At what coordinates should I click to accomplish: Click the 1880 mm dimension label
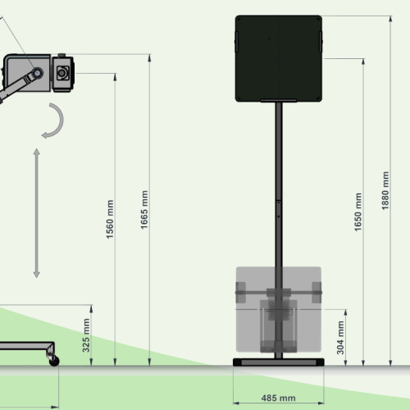pos(385,190)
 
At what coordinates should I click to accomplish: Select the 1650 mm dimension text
pos(358,212)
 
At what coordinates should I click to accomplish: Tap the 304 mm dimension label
pos(340,338)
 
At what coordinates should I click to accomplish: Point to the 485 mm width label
pos(278,398)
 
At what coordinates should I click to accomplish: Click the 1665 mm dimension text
pos(144,210)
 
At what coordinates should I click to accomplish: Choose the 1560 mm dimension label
pos(110,219)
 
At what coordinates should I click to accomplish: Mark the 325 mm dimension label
pos(86,335)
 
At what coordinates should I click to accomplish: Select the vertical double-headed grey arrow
pos(37,213)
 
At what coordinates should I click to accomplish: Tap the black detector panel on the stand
pos(279,58)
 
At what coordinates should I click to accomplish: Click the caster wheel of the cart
pos(54,361)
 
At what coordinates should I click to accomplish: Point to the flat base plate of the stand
pos(279,362)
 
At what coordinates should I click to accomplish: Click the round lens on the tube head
pos(62,73)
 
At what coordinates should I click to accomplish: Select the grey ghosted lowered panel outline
pos(279,309)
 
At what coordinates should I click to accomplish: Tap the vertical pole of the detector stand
pos(279,230)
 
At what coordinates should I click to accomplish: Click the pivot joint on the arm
pos(38,73)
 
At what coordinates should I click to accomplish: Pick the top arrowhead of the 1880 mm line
pos(390,19)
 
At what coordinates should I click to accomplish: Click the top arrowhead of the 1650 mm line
pos(363,61)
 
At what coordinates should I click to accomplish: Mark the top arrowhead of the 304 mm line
pos(345,312)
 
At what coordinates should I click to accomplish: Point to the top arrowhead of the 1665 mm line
pos(149,57)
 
